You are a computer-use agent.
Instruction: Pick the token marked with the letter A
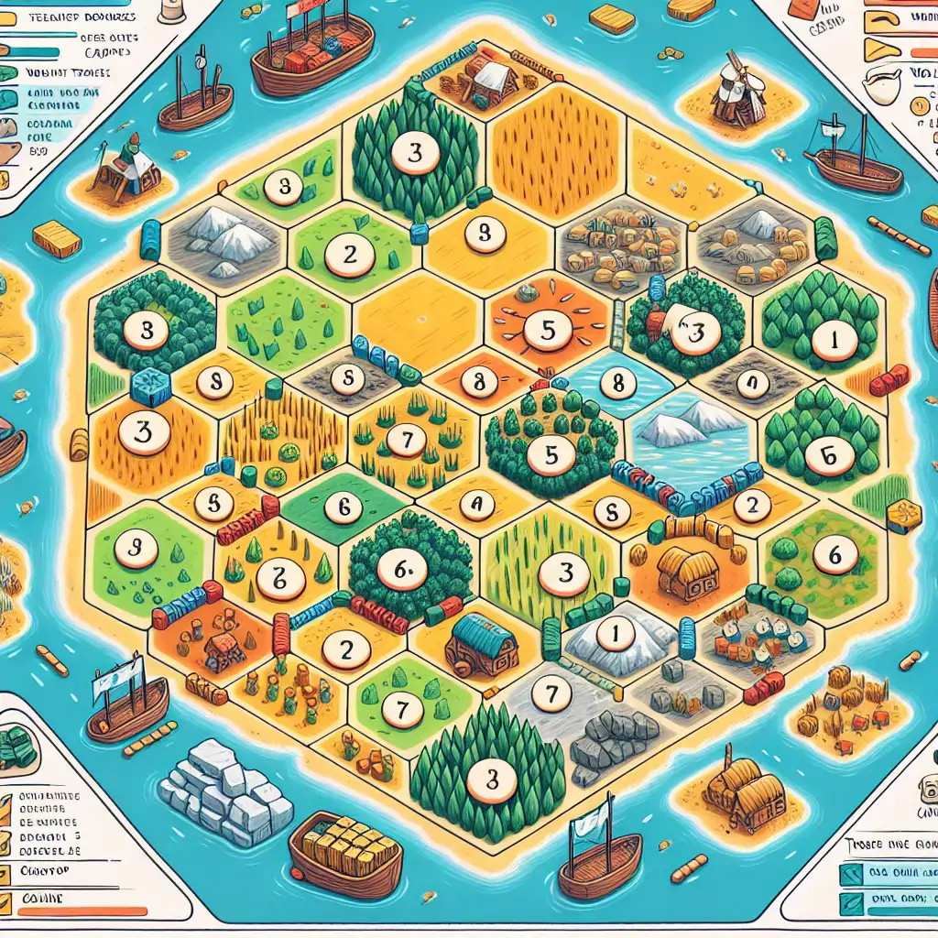click(475, 503)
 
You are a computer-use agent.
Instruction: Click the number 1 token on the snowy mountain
click(614, 633)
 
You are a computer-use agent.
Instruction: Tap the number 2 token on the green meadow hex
click(350, 255)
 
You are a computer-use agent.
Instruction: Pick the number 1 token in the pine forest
click(833, 341)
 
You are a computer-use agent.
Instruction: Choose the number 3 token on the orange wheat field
click(142, 432)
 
